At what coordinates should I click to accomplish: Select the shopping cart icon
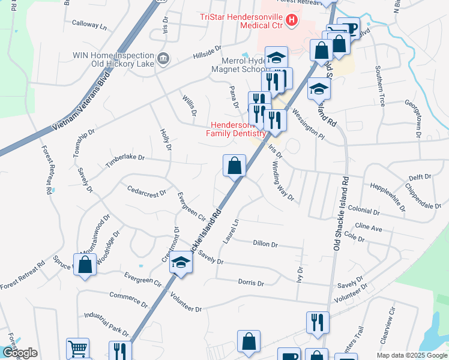[x=77, y=348]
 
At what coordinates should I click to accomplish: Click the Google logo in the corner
[x=19, y=353]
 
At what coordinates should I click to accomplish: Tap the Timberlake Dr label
[x=126, y=157]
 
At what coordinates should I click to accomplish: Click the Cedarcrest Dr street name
[x=146, y=191]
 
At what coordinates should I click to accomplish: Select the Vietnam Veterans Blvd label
[x=82, y=102]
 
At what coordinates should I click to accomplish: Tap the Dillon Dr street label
[x=265, y=244]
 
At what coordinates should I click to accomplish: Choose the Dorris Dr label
[x=251, y=282]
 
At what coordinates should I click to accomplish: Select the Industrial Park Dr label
[x=106, y=323]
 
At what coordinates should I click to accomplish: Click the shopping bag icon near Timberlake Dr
[x=235, y=165]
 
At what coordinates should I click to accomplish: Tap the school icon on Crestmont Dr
[x=181, y=263]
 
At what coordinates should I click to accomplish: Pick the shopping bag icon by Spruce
[x=86, y=264]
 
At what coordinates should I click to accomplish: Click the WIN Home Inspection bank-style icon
[x=163, y=59]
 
